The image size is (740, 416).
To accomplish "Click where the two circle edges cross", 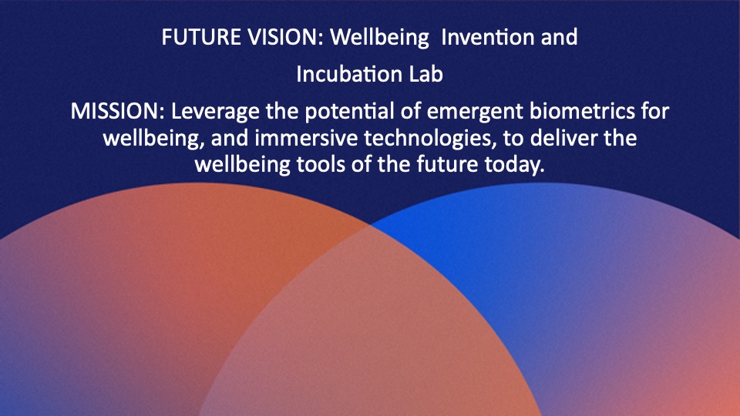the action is [x=371, y=226].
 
